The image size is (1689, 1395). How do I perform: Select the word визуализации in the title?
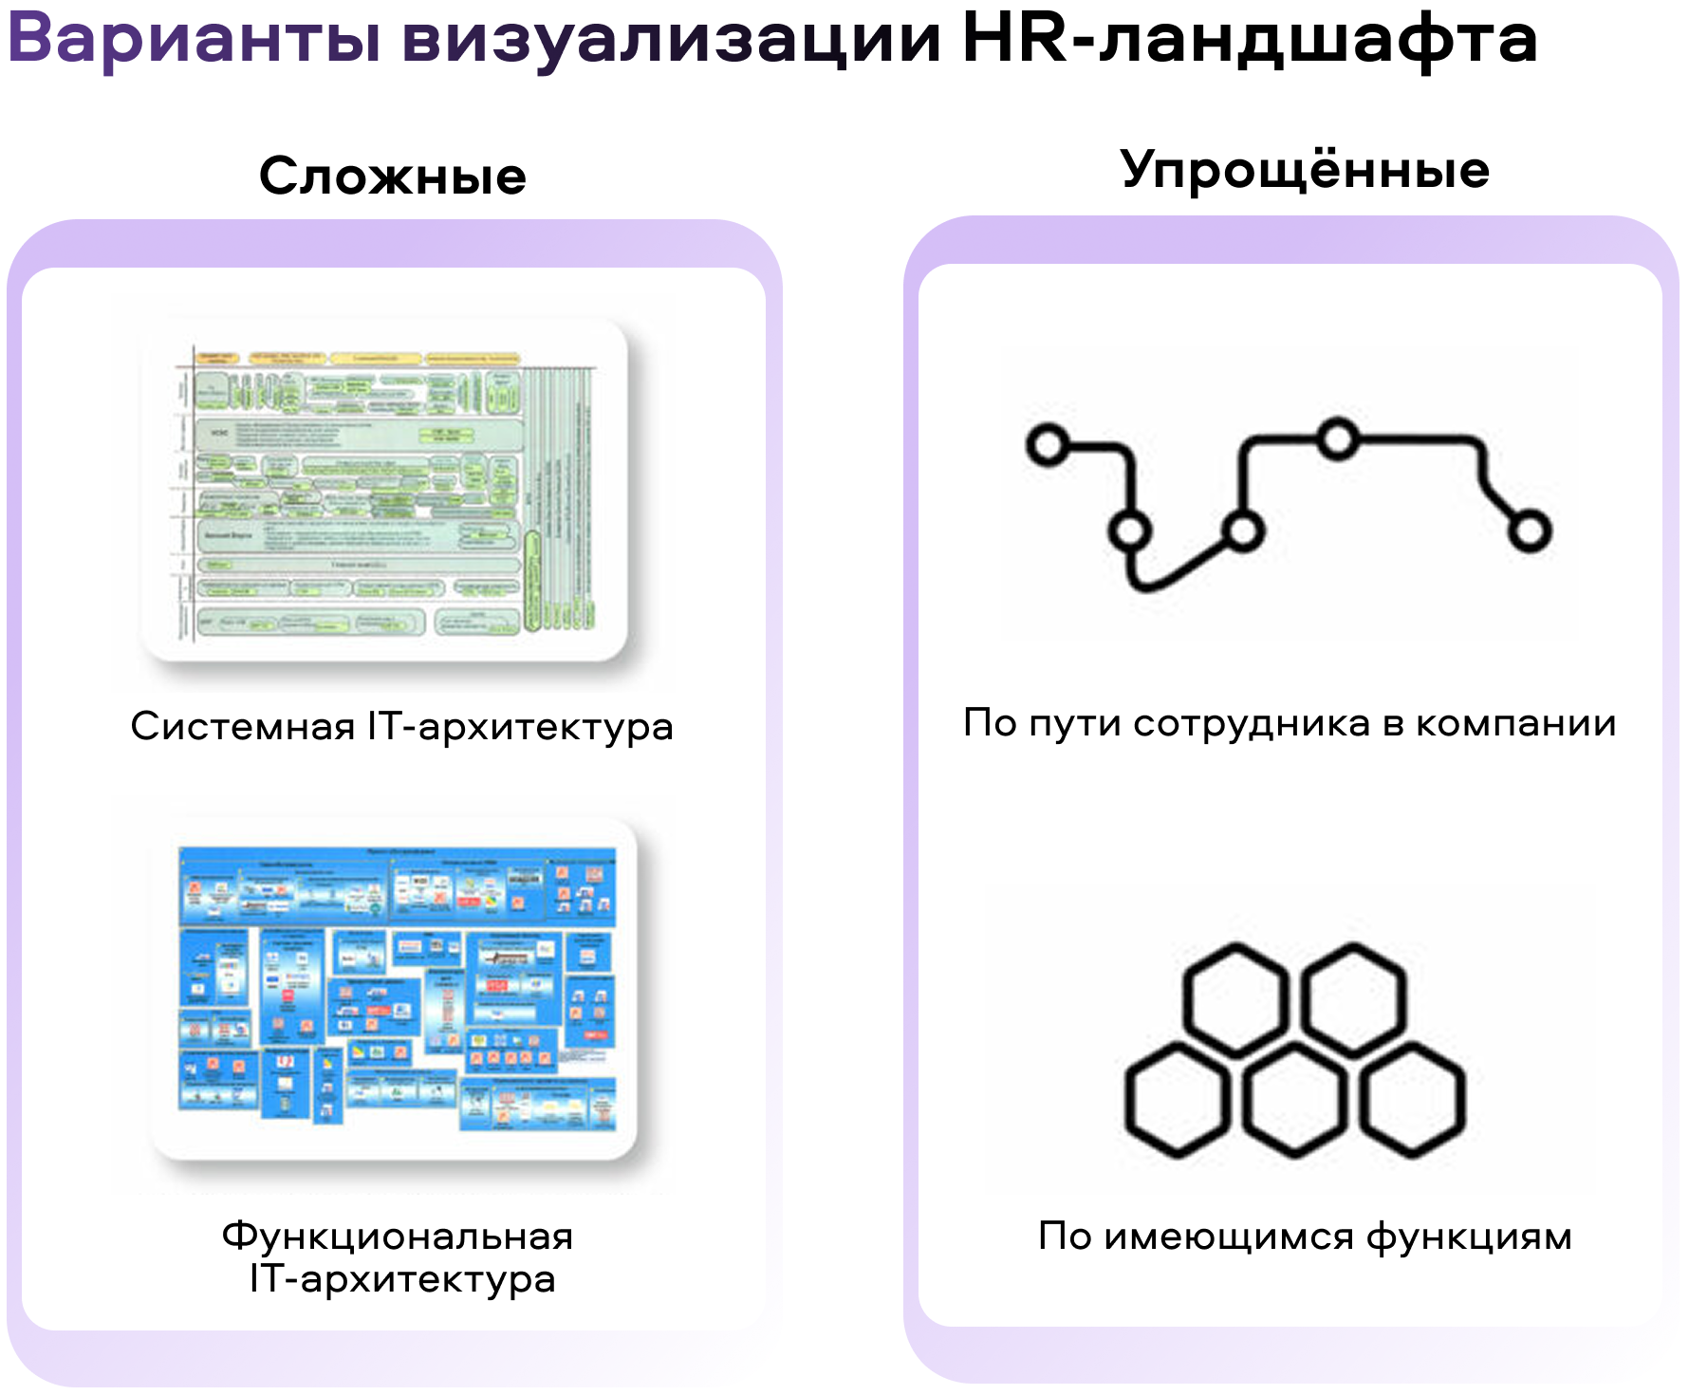(671, 40)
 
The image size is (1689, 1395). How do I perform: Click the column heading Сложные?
(393, 177)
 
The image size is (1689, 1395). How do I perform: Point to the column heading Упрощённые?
(1305, 171)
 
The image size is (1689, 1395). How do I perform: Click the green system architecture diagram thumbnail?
(384, 491)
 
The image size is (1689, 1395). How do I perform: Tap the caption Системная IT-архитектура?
(401, 726)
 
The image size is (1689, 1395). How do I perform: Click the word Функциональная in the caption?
(398, 1237)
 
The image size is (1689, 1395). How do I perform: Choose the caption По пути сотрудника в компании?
(1290, 723)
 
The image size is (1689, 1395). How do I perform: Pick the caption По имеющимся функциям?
(1305, 1237)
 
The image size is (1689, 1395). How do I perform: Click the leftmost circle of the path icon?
(1049, 444)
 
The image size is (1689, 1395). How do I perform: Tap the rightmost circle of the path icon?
(1530, 530)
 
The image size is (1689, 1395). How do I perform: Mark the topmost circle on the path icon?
(1338, 438)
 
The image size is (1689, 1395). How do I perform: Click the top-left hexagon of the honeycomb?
(1235, 999)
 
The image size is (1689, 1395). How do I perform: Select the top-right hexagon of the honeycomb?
(1353, 999)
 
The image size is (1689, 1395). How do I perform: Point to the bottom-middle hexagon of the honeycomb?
(1294, 1101)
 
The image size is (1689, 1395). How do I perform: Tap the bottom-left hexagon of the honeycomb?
(1178, 1101)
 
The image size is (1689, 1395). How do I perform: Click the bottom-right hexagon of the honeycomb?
(1413, 1101)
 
